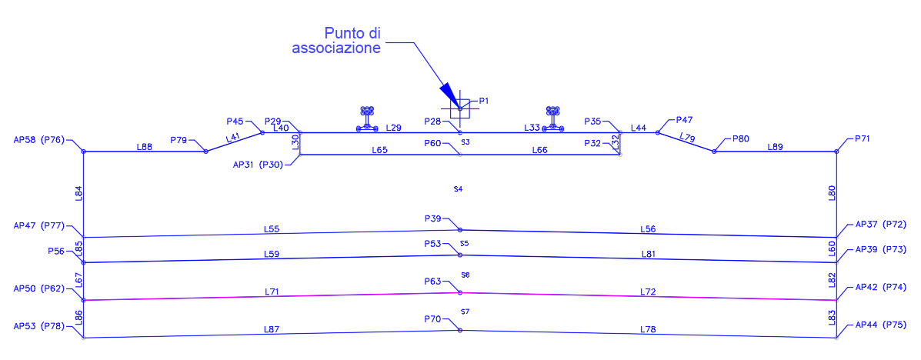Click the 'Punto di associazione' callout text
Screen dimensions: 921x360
(x=336, y=41)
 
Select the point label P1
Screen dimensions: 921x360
(x=484, y=101)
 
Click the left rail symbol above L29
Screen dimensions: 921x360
(x=367, y=118)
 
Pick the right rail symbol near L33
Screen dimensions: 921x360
(x=552, y=118)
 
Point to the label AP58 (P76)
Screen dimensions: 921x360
(x=39, y=140)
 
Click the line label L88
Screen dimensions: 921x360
(x=145, y=148)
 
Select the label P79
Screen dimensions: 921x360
(x=179, y=140)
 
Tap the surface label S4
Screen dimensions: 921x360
(x=459, y=189)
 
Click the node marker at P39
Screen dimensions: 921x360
(x=460, y=230)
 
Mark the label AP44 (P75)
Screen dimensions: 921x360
(x=880, y=325)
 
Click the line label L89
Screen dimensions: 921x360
(x=776, y=147)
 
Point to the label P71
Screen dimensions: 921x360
(x=863, y=139)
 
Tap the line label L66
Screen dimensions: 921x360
(x=540, y=150)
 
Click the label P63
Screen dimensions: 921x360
(x=432, y=282)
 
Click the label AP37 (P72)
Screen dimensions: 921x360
(x=880, y=225)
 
